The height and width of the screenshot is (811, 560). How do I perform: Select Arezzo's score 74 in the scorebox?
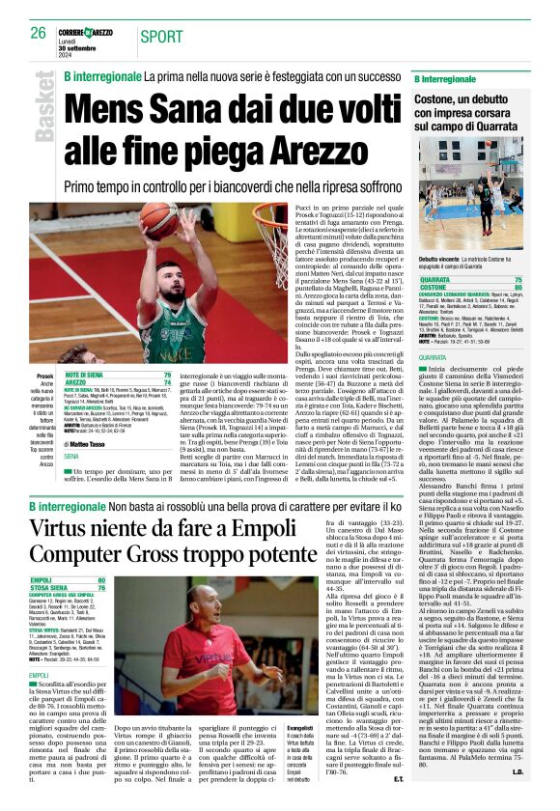click(167, 382)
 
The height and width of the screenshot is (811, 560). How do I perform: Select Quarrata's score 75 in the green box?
click(546, 279)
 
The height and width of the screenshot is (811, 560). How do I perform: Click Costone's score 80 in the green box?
click(546, 287)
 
